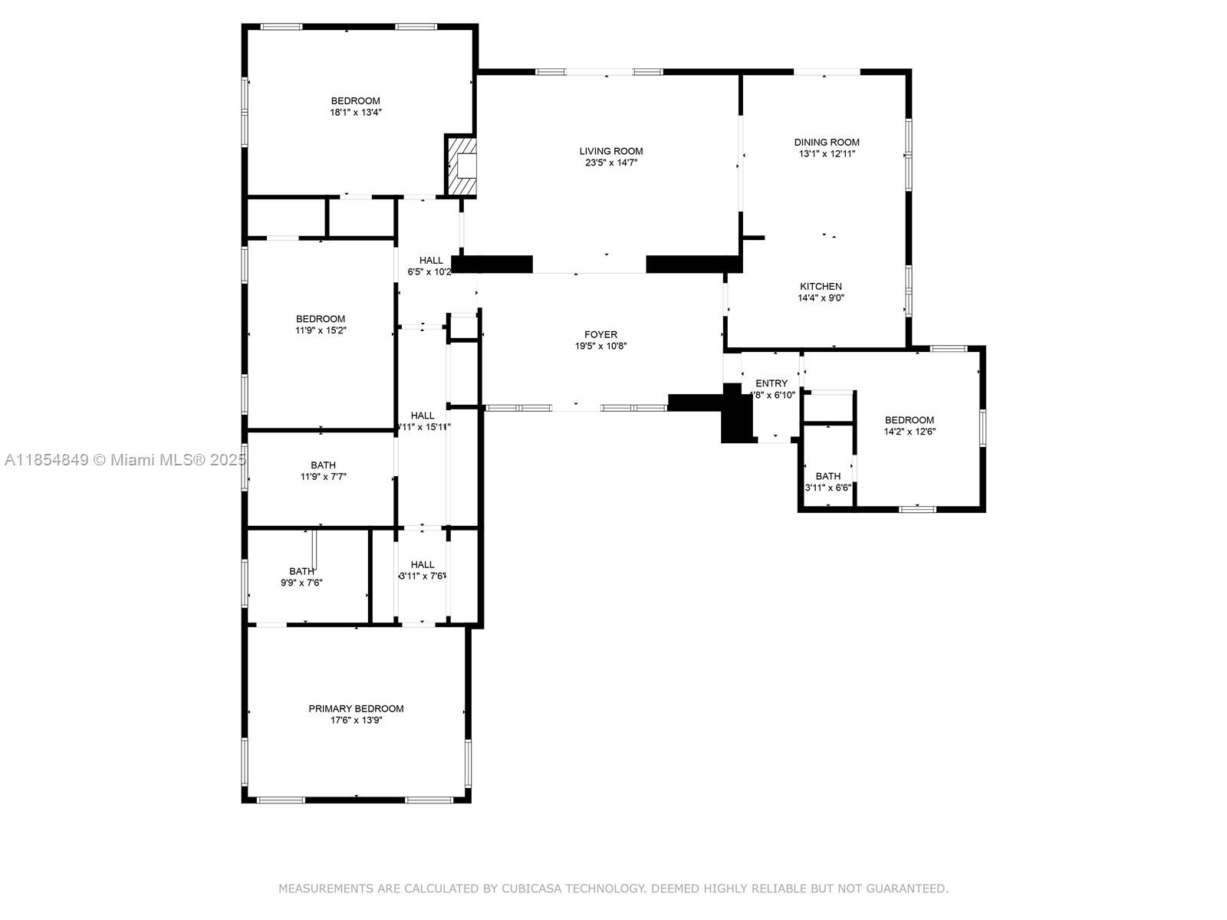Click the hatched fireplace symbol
(461, 166)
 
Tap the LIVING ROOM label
(611, 151)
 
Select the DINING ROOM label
(827, 142)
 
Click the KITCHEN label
(821, 286)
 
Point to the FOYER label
(600, 334)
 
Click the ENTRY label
(771, 383)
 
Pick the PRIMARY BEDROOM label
(356, 708)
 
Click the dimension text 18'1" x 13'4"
(356, 112)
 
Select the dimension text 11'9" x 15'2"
(321, 330)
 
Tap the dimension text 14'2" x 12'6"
(910, 432)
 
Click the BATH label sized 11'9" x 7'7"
(323, 465)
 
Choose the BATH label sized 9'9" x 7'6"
(301, 571)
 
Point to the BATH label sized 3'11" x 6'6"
(827, 476)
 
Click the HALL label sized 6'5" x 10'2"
(431, 260)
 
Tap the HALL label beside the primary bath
(422, 564)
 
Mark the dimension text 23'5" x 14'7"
(611, 163)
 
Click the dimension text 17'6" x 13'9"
(356, 720)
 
